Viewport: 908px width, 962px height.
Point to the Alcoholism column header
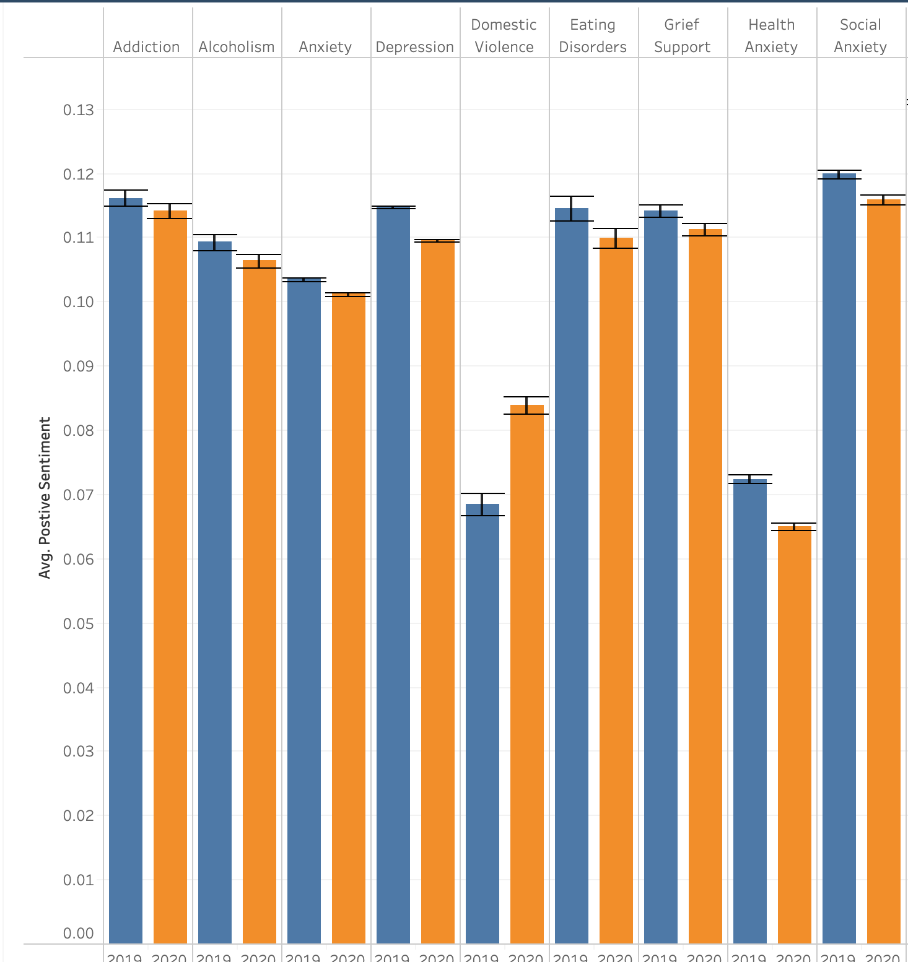237,47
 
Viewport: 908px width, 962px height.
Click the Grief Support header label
682,36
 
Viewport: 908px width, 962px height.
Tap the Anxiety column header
325,47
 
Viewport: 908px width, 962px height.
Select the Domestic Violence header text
504,36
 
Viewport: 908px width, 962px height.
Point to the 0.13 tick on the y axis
79,110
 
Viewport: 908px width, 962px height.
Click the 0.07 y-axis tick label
79,495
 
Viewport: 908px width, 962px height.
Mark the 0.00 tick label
79,934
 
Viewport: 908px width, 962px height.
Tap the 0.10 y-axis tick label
79,302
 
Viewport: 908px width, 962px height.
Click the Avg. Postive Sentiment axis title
45,498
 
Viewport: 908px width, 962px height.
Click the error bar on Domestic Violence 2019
482,504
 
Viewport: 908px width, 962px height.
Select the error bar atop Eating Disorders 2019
572,208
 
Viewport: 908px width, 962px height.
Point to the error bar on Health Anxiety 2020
794,527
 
